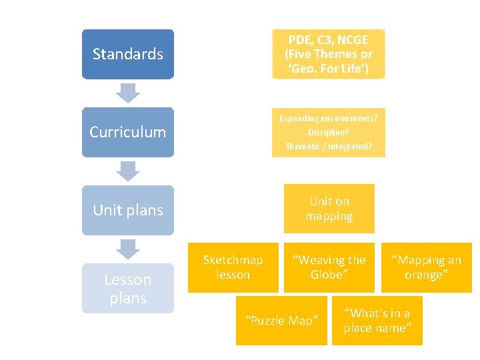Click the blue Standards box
[127, 54]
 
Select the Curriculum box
[127, 132]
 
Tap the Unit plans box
[127, 210]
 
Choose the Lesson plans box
[127, 289]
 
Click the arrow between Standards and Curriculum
[127, 93]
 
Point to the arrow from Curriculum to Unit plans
[127, 171]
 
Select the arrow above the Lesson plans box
[127, 249]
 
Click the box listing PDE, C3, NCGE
[329, 54]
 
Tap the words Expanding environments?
[329, 118]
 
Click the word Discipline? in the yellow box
[329, 132]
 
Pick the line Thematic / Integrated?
[329, 146]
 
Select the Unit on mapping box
[329, 209]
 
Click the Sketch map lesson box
[233, 267]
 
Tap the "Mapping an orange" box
[426, 267]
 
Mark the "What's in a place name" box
[377, 321]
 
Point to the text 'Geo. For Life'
[329, 69]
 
